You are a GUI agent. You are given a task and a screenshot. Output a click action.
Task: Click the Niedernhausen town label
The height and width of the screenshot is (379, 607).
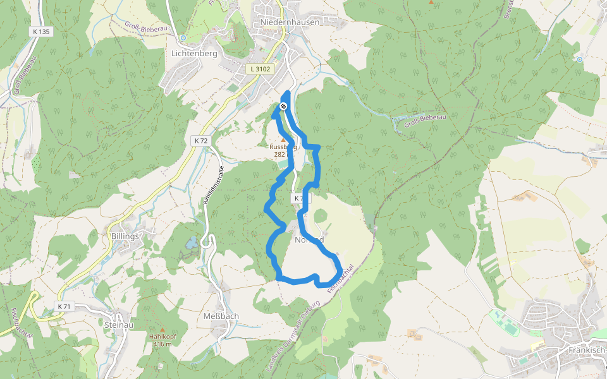pyautogui.click(x=290, y=21)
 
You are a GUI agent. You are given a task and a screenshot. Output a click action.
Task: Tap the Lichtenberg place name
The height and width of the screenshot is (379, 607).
pyautogui.click(x=194, y=54)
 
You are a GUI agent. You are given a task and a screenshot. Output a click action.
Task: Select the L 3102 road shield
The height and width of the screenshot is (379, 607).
pyautogui.click(x=260, y=69)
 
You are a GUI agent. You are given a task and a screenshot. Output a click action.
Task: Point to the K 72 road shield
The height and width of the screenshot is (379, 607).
pyautogui.click(x=201, y=140)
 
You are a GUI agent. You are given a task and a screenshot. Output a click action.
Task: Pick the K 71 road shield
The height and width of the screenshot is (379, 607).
pyautogui.click(x=64, y=306)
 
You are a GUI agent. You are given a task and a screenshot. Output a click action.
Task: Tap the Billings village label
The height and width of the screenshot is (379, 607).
pyautogui.click(x=124, y=236)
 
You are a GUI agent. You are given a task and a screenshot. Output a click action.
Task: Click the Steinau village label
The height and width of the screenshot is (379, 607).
pyautogui.click(x=120, y=325)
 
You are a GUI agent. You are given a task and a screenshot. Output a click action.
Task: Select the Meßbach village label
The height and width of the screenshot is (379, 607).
pyautogui.click(x=221, y=316)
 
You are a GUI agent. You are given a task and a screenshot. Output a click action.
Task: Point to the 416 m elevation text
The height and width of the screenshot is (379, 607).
pyautogui.click(x=162, y=344)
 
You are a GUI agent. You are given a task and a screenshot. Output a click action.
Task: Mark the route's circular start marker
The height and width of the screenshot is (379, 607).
pyautogui.click(x=284, y=106)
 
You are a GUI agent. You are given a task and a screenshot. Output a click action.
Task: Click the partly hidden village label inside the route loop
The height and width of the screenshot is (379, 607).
pyautogui.click(x=309, y=239)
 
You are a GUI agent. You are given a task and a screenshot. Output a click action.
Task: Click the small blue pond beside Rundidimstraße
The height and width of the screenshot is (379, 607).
pyautogui.click(x=190, y=242)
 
